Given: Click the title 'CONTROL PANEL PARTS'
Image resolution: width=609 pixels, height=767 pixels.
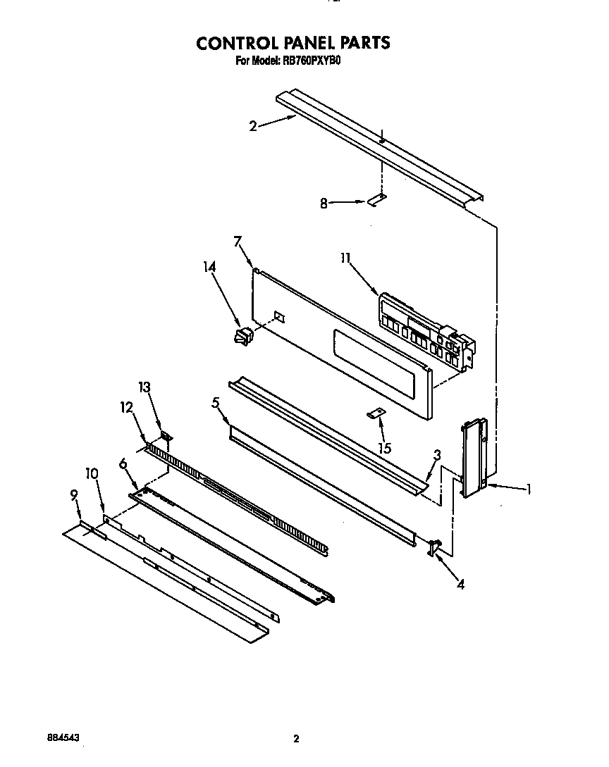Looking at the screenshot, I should point(293,43).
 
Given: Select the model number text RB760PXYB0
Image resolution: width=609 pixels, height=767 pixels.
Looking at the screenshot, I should point(312,61).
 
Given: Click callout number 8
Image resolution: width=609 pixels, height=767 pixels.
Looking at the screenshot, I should point(324,204).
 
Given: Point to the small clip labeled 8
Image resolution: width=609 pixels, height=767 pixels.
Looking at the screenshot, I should point(377,200).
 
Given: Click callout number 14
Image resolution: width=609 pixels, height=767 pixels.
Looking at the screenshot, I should point(209,267).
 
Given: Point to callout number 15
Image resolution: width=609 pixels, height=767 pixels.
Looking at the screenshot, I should point(385,448).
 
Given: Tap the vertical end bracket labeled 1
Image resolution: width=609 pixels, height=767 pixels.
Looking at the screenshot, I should point(473,459).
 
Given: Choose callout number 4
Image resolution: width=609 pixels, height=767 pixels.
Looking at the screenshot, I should point(460,584).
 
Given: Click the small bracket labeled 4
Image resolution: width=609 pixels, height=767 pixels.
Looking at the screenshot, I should point(433,547).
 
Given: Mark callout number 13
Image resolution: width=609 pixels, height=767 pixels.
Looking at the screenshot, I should point(144,387).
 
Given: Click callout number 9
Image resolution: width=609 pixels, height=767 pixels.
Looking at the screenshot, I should point(73,495).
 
